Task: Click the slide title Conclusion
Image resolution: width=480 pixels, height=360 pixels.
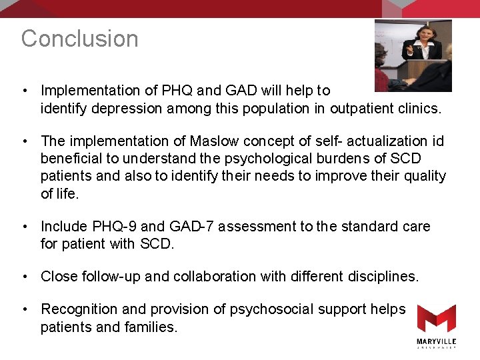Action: [79, 39]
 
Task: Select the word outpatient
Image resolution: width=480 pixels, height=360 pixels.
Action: [361, 108]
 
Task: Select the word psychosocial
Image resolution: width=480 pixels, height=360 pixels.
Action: [274, 309]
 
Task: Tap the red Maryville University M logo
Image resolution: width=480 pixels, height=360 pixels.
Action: [437, 319]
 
